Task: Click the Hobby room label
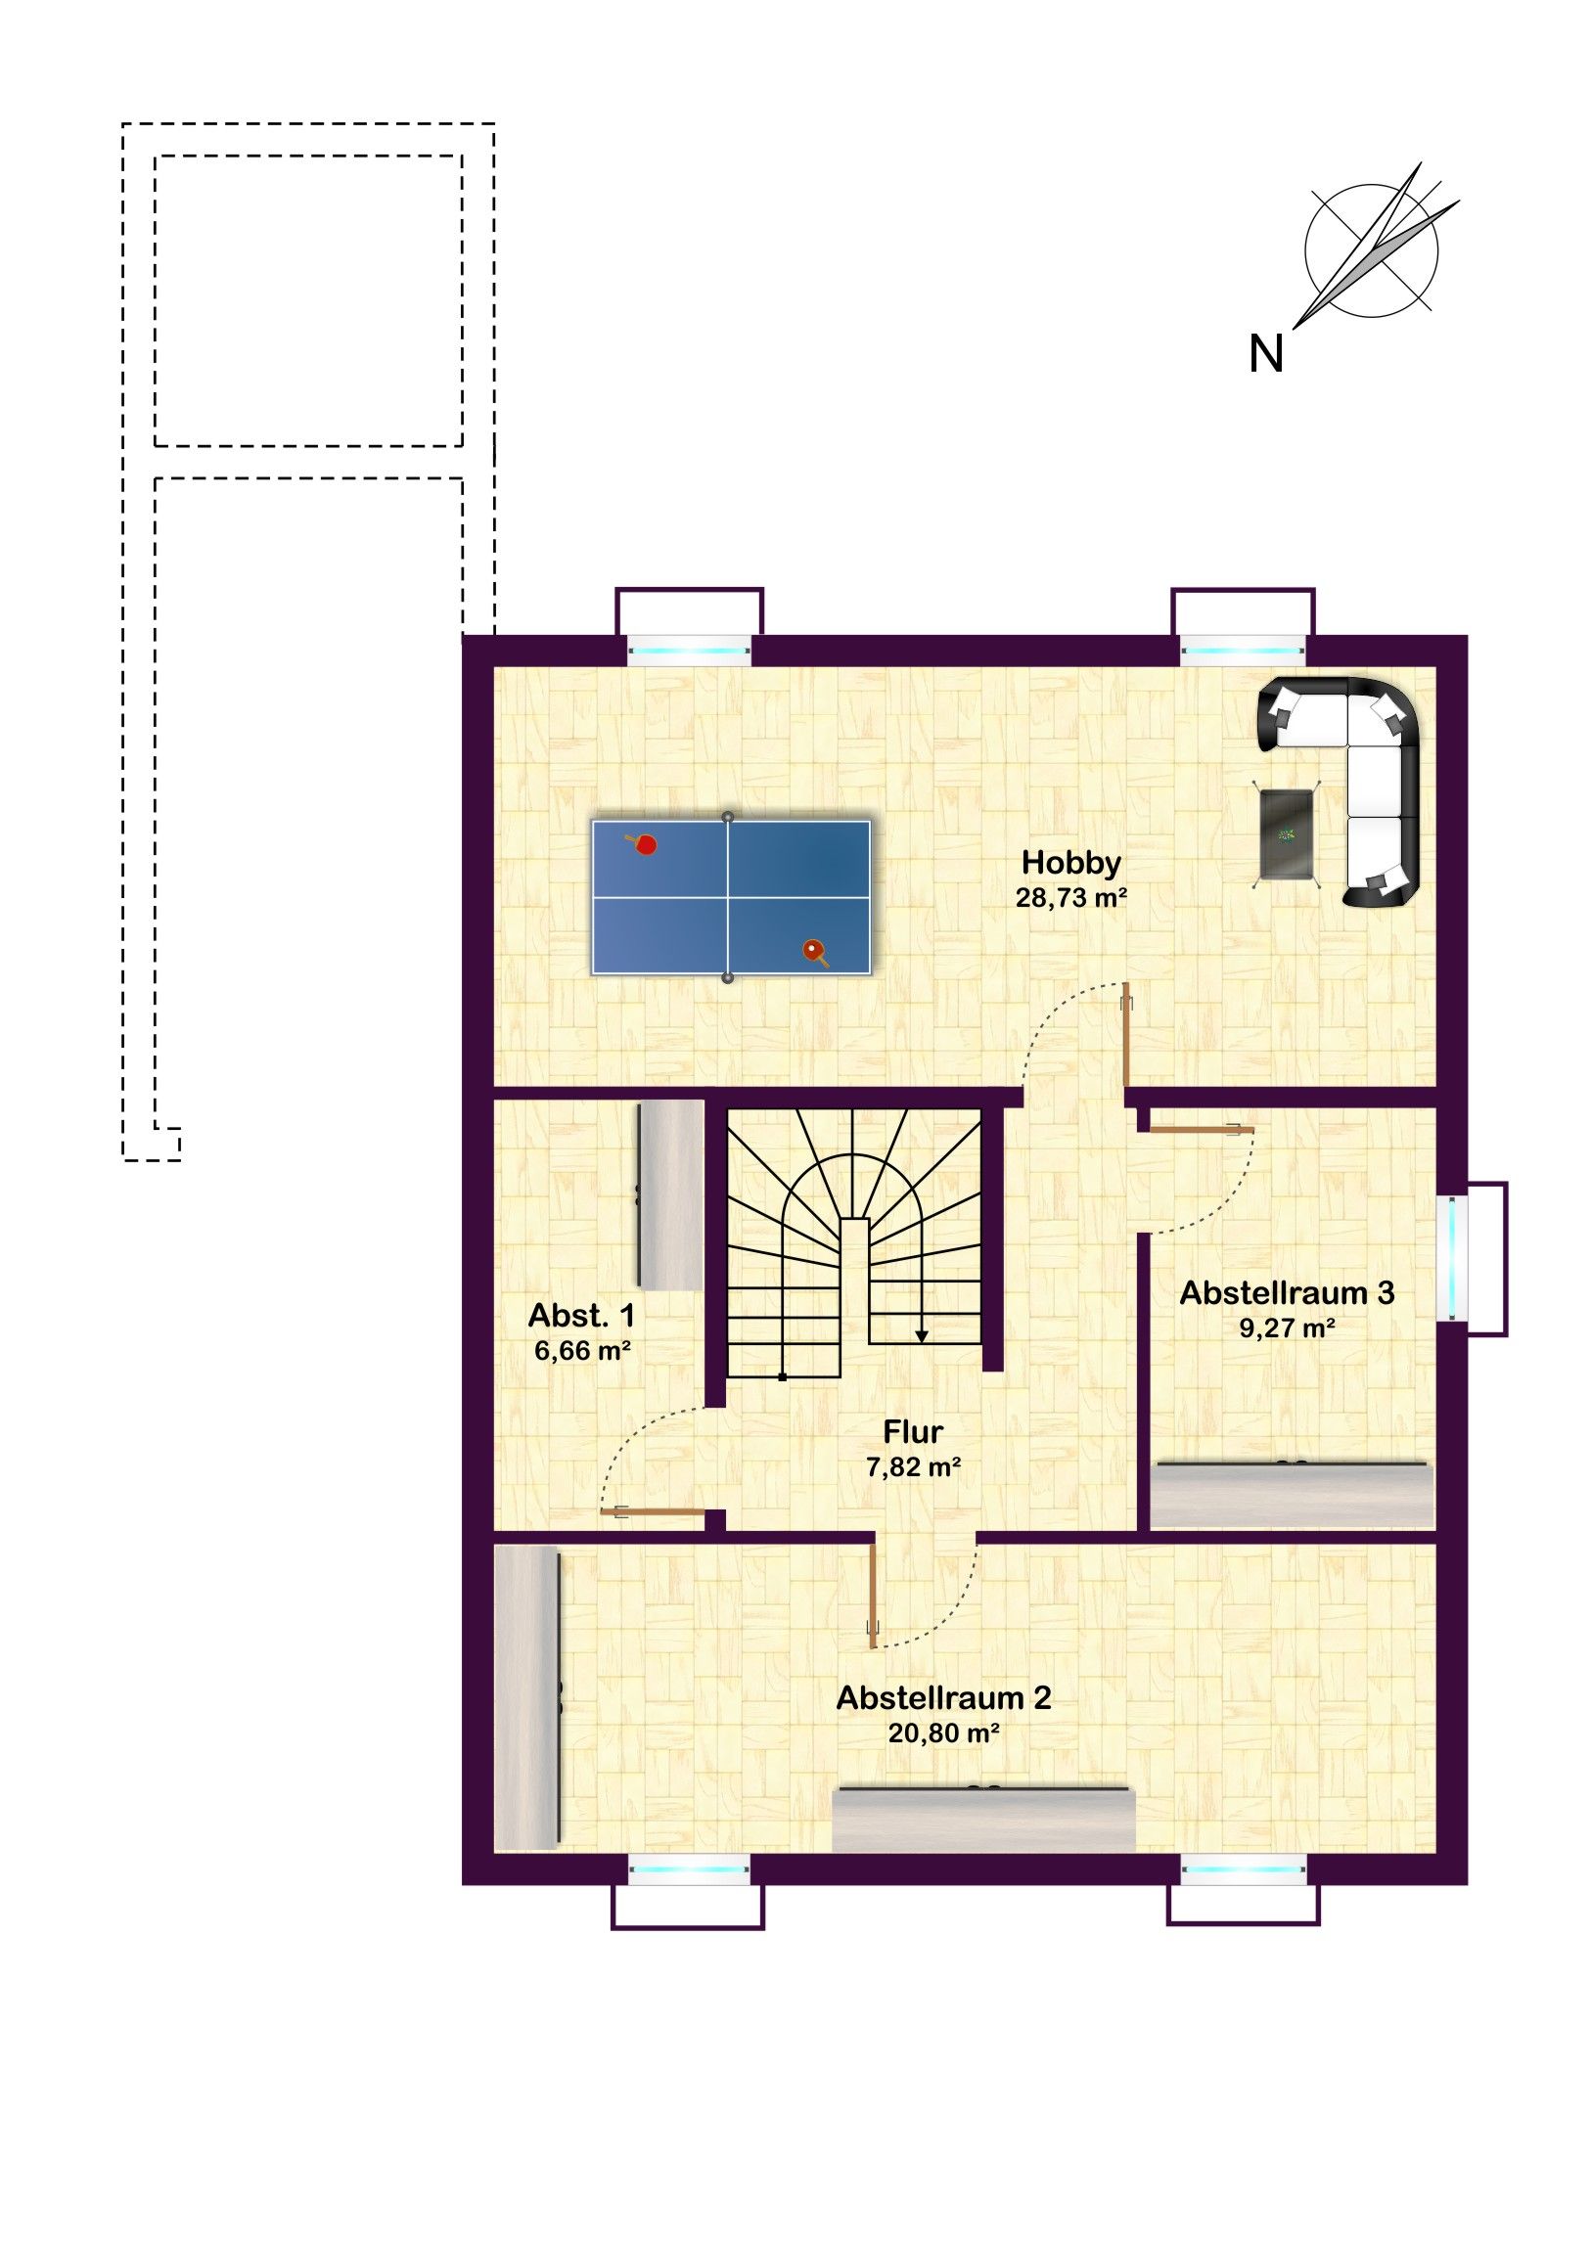pos(1070,864)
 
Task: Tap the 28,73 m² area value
pos(1070,898)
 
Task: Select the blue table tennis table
pos(730,898)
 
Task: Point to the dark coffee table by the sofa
pos(1287,832)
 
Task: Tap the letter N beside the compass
pos(1265,354)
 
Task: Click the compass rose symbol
pos(1373,248)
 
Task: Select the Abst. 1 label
pos(581,1315)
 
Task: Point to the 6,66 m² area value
pos(581,1350)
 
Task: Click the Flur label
pos(913,1432)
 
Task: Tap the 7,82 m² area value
pos(913,1467)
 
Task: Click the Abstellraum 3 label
pos(1286,1292)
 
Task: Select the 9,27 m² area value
pos(1286,1327)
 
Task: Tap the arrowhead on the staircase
pos(922,1335)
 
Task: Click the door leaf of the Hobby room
pos(1126,1036)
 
